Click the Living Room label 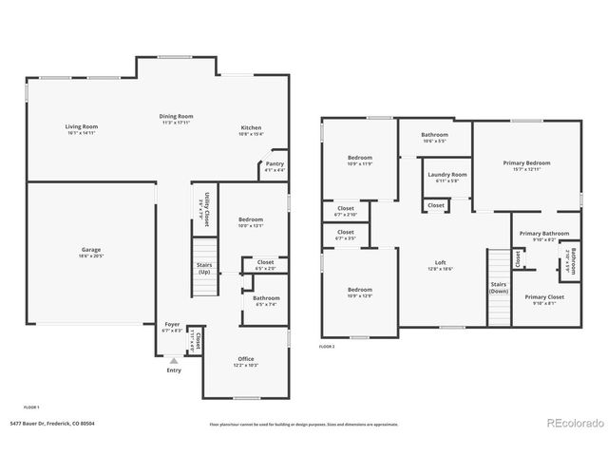tap(82, 129)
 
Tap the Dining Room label tap(177, 119)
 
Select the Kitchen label tap(251, 130)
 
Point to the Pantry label tap(274, 167)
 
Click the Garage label tap(90, 253)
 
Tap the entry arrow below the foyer tap(172, 361)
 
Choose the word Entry tap(173, 370)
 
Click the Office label tap(246, 362)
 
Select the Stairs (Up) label tap(204, 269)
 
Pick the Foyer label tap(172, 327)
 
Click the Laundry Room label tap(446, 178)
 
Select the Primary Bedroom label tap(527, 165)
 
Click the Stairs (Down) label tap(499, 287)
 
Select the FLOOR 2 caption tap(327, 348)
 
